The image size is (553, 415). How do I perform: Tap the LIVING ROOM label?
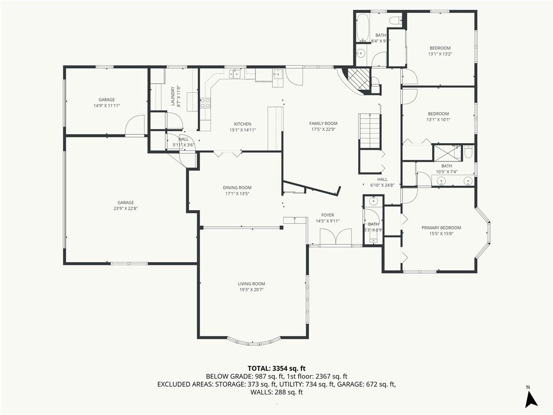point(252,284)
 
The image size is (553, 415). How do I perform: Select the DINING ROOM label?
point(237,188)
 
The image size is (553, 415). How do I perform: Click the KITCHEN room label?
point(242,124)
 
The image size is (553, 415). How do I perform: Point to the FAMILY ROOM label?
point(323,124)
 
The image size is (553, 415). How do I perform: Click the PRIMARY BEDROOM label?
point(441,227)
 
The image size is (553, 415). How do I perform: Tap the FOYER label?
point(328,215)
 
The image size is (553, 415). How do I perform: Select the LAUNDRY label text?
point(173,96)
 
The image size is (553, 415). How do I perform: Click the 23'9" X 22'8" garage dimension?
point(125,209)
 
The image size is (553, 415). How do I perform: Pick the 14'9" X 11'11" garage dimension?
point(106,105)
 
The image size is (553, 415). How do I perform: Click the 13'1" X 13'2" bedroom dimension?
point(440,54)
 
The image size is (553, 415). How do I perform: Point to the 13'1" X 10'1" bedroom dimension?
point(439,119)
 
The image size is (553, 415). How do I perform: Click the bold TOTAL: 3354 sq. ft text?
point(276,369)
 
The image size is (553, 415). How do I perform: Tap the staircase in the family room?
point(370,131)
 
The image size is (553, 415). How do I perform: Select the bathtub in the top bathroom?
point(362,28)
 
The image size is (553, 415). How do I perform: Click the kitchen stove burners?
point(205,103)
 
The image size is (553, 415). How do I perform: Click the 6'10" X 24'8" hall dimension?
point(382,185)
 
